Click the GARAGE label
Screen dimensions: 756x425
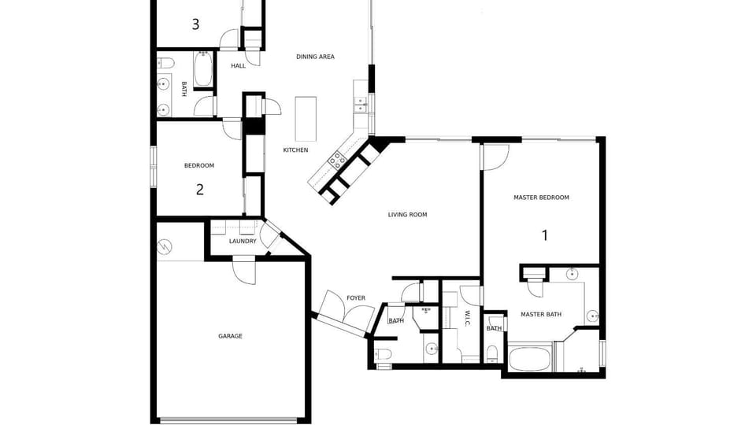230,336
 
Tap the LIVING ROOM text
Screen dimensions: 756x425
407,215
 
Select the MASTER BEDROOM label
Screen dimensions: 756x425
541,198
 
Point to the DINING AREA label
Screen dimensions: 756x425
315,57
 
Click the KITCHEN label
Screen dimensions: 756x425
295,150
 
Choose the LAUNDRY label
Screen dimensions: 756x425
243,242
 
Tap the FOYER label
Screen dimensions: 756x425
356,298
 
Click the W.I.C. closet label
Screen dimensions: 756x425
467,318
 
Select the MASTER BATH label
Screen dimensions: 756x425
541,315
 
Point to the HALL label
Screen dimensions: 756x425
238,66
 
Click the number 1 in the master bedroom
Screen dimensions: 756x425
545,235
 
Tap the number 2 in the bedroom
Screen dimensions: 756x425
199,190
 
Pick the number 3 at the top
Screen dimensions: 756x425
195,24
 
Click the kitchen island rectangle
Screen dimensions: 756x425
306,119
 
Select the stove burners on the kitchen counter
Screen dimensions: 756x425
336,158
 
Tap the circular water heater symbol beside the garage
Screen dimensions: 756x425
165,246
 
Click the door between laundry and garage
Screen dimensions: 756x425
244,272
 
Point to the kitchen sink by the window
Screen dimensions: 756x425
361,105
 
